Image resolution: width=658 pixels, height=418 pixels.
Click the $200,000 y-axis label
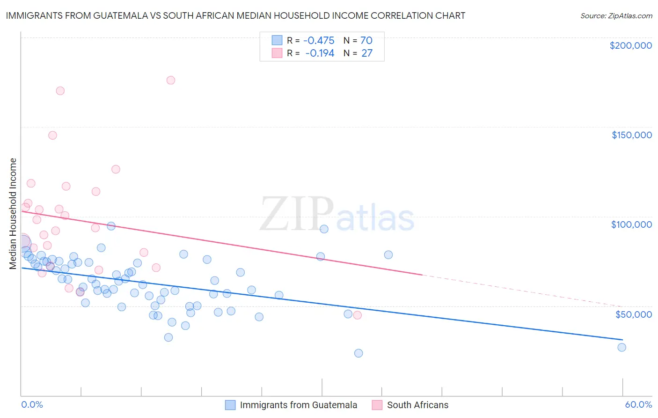click(630, 45)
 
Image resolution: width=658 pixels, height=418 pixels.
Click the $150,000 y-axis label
click(631, 135)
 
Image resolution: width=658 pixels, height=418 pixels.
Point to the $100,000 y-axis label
click(631, 224)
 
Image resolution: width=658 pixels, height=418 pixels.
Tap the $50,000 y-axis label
click(633, 314)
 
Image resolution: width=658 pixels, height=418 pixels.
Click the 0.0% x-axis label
click(32, 404)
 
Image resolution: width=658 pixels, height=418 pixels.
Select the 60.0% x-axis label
click(638, 404)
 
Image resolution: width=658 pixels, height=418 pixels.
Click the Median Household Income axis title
click(13, 214)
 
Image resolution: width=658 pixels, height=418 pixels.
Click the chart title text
click(235, 15)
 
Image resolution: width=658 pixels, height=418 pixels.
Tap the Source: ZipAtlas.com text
click(616, 16)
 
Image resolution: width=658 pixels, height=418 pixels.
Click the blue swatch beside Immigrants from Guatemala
click(230, 405)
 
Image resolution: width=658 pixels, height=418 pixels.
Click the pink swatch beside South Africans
click(377, 405)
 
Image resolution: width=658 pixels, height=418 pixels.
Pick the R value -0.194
click(320, 53)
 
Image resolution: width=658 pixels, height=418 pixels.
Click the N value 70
click(366, 41)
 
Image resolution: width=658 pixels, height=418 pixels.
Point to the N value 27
click(367, 53)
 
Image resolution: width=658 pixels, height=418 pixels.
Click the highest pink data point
click(171, 80)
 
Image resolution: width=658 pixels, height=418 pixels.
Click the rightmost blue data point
click(621, 347)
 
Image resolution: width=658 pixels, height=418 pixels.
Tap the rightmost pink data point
click(358, 315)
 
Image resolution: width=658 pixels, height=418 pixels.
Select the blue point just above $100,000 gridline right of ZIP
click(324, 229)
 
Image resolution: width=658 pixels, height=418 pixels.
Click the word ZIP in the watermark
click(296, 214)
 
